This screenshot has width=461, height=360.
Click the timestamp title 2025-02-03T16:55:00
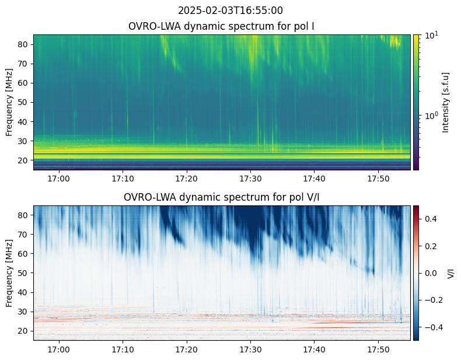point(230,11)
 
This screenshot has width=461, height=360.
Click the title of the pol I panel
point(221,26)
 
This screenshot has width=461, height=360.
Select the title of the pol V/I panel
point(221,197)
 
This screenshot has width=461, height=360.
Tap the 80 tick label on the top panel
point(23,44)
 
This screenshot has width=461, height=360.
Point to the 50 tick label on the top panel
point(23,102)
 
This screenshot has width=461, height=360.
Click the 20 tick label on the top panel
point(23,160)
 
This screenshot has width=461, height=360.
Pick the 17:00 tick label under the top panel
point(59,179)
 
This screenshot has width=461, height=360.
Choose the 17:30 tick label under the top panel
point(250,179)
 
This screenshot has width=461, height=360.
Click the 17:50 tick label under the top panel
point(378,179)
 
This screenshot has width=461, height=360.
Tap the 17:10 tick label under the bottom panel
point(123,349)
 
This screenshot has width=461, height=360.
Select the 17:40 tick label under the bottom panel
point(315,349)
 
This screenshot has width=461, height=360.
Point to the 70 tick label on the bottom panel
point(23,235)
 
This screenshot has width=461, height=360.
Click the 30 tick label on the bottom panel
point(23,312)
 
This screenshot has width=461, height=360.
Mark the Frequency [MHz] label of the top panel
point(9,102)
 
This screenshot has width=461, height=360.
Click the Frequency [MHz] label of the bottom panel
point(9,273)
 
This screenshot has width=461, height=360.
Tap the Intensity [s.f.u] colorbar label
point(446,103)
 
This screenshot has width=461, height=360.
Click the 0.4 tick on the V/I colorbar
point(431,219)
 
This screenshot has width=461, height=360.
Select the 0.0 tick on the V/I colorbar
point(431,273)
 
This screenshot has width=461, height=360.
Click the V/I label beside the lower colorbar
point(450,273)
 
